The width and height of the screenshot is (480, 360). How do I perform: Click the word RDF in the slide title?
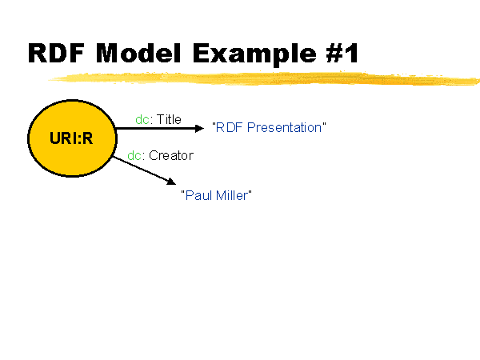coord(56,53)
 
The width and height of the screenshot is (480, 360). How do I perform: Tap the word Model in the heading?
coord(138,53)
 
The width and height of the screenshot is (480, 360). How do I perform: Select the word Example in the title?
coord(254,54)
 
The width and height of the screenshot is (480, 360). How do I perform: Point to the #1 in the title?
coord(342,53)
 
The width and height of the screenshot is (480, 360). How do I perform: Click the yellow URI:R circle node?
coord(72,138)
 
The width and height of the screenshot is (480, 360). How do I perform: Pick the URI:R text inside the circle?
coord(71,138)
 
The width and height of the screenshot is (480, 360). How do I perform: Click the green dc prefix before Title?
coord(142,119)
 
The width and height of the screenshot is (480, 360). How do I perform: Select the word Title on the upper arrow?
coord(169,119)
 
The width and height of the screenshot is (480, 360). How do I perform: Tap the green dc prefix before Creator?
coord(134,155)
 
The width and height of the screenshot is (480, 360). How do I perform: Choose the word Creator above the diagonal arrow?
coord(171,155)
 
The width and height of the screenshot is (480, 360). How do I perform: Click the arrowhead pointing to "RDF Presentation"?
coord(199,128)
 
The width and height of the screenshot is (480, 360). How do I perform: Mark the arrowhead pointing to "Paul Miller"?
coord(171,182)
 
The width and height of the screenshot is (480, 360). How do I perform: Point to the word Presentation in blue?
coord(284,128)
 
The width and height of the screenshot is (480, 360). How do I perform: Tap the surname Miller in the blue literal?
coord(231,195)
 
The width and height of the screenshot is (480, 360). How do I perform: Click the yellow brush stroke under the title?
coord(264,78)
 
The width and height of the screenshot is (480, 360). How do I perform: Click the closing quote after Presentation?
coord(324,124)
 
